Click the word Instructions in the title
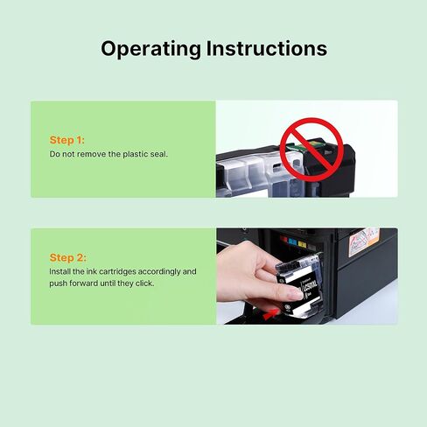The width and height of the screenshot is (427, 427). click(x=270, y=48)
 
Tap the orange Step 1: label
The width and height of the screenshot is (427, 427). click(x=67, y=140)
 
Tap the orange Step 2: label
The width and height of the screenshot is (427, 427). click(x=67, y=257)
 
